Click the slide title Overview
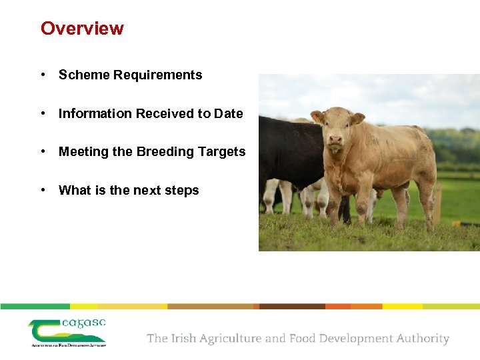coord(82,29)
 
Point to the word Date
coord(228,114)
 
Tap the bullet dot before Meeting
coord(43,152)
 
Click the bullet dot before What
coord(43,191)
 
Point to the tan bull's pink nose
coord(335,141)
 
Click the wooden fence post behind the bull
coord(439,203)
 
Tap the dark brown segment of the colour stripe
coord(291,307)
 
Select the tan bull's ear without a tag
coord(358,118)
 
